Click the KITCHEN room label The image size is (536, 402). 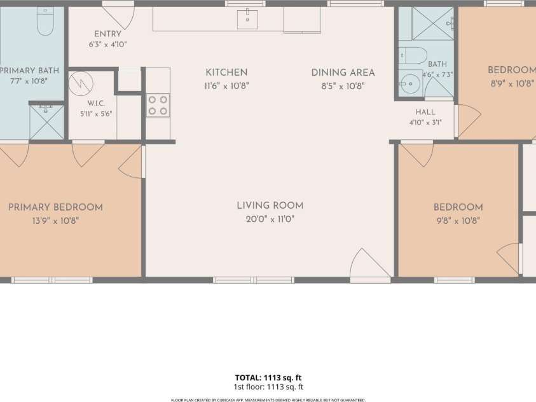226,73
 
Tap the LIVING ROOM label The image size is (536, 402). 270,205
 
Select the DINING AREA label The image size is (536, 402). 343,73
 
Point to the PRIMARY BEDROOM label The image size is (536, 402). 55,207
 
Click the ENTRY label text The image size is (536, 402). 107,34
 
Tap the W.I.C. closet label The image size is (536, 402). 96,103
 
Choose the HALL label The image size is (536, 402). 425,112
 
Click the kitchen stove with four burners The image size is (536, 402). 158,106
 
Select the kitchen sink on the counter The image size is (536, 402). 247,20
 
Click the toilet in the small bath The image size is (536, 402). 413,56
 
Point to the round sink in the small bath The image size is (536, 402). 409,84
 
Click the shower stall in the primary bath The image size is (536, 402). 47,122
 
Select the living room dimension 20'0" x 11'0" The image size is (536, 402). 270,219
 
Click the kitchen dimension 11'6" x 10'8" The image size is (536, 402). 226,86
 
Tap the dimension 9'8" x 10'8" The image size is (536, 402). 458,221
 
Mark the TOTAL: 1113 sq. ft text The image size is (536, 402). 268,378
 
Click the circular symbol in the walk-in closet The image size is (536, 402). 81,83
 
